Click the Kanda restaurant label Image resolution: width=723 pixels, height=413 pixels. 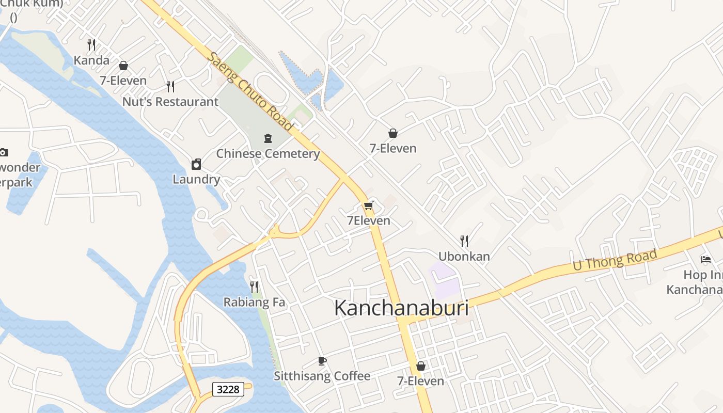point(91,60)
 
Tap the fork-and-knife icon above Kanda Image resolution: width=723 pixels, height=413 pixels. point(91,45)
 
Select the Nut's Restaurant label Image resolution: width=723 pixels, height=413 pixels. point(170,102)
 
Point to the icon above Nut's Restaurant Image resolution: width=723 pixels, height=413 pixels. point(170,86)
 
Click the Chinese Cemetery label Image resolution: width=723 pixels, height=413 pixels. point(268,153)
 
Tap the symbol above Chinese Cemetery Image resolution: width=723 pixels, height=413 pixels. point(268,138)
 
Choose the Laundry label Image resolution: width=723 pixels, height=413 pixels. point(196,179)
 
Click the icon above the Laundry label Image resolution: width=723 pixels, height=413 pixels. point(196,164)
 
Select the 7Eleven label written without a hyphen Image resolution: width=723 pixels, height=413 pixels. point(368,220)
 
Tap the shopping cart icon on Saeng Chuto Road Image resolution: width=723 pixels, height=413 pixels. point(368,206)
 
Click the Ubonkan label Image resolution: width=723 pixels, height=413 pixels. point(464,256)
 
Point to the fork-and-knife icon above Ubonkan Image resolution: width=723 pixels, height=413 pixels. point(464,241)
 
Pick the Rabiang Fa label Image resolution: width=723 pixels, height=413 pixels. point(254,302)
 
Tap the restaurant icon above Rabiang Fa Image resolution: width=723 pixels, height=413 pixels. point(254,287)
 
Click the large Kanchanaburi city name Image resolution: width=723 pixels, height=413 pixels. point(401,308)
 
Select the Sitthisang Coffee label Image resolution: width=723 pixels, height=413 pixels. point(322,376)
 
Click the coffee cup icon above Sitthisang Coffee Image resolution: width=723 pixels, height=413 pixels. point(322,361)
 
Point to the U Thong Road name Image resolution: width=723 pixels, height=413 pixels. point(615,260)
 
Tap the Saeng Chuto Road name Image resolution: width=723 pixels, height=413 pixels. point(250,91)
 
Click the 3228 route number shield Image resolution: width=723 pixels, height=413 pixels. point(228,389)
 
